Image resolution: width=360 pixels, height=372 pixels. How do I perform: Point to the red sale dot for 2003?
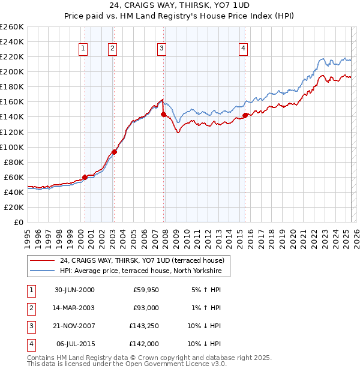[x=114, y=152]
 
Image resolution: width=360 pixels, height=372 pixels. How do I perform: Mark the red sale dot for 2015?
[x=245, y=115]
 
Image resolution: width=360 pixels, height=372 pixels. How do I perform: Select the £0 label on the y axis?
[x=19, y=222]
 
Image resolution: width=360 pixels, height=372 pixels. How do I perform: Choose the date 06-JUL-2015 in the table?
[x=74, y=344]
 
